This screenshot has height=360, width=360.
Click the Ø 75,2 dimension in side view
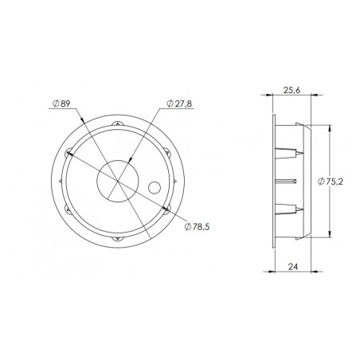[330, 181]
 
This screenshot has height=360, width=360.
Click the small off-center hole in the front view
[154, 188]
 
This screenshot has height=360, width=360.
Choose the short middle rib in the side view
[287, 181]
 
